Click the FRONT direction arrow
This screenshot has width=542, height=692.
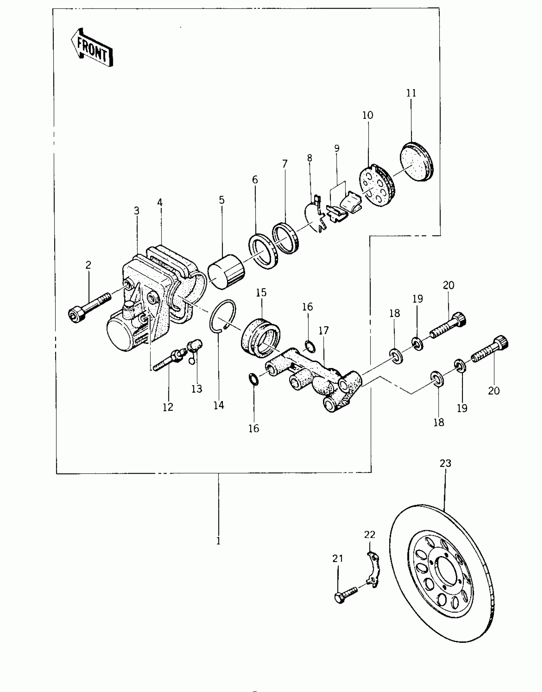pyautogui.click(x=92, y=48)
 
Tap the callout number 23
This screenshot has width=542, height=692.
pyautogui.click(x=445, y=463)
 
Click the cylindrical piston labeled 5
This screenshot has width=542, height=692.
pyautogui.click(x=225, y=272)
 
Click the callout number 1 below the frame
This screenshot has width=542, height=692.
pyautogui.click(x=218, y=541)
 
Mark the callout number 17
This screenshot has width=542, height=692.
pyautogui.click(x=323, y=330)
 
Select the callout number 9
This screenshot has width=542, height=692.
pyautogui.click(x=337, y=148)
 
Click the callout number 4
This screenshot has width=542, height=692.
pyautogui.click(x=160, y=202)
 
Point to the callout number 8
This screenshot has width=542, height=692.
pyautogui.click(x=309, y=158)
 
